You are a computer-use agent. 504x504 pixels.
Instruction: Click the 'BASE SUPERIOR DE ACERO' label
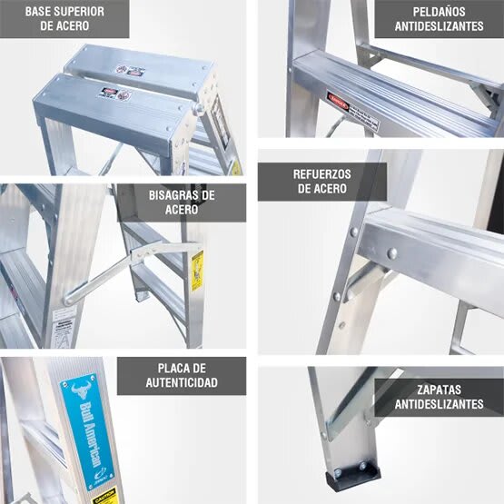[x=64, y=19]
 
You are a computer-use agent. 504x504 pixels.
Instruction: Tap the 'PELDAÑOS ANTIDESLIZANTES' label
[x=440, y=19]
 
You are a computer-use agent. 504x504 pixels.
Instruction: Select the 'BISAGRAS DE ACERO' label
[x=183, y=203]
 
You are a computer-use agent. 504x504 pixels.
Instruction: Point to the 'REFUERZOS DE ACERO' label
[x=322, y=182]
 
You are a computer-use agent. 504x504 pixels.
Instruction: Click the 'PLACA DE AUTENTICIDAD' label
[x=182, y=375]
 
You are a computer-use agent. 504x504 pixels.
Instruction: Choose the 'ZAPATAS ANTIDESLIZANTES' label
[x=440, y=397]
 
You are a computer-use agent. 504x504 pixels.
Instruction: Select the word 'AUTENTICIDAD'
[x=182, y=383]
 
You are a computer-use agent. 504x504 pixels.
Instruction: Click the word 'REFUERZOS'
[x=322, y=173]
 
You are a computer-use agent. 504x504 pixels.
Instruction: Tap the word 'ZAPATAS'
[x=440, y=389]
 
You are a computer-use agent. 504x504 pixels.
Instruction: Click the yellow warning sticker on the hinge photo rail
[x=197, y=269]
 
